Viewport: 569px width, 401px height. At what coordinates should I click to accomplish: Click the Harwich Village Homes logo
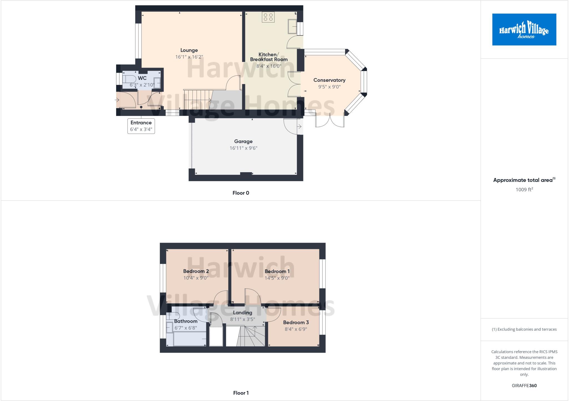[524, 29]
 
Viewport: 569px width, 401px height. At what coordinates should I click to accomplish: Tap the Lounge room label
[189, 50]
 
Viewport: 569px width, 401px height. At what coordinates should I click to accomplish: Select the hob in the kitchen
[268, 17]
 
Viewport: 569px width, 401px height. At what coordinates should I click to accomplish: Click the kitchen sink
[292, 26]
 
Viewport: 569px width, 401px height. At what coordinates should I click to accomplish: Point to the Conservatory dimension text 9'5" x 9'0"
[329, 87]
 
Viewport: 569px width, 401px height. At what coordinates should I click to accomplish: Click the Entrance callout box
[141, 126]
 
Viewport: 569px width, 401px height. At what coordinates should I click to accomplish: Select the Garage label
[243, 141]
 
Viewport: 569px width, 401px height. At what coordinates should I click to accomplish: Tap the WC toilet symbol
[129, 79]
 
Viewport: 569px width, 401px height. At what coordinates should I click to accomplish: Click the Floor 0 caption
[241, 193]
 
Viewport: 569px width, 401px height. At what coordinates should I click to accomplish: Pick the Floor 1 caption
[241, 393]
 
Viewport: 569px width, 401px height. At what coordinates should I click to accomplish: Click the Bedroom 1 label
[277, 271]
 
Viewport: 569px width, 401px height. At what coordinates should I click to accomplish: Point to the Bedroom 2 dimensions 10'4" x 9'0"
[196, 278]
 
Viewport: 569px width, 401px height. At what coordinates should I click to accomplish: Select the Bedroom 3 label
[296, 323]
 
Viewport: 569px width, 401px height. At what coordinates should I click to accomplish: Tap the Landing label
[243, 313]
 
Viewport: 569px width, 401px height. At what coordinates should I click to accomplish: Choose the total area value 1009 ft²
[524, 190]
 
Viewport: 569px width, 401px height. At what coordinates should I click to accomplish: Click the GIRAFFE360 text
[524, 385]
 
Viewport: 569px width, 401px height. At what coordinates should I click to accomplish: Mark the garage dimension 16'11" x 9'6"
[243, 148]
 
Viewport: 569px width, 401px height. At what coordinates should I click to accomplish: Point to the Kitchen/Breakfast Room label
[269, 57]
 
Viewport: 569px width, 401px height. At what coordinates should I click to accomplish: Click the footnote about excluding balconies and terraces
[524, 329]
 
